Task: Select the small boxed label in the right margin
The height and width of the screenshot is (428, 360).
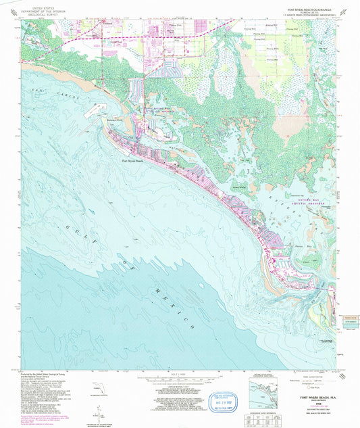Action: pos(349,317)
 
